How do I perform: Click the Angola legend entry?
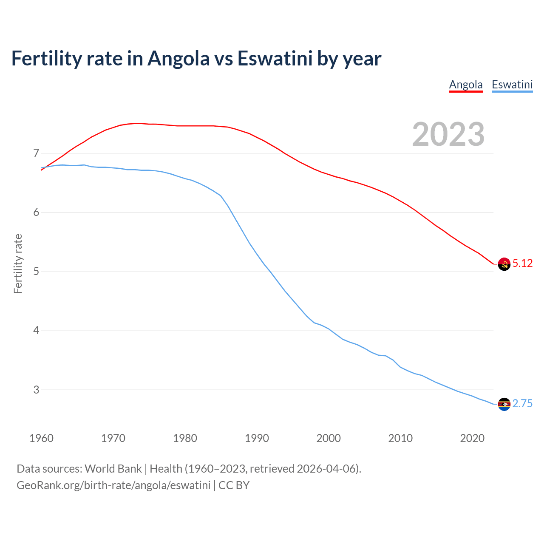(466, 85)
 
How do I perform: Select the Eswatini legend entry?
(512, 85)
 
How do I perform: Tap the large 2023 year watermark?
(448, 134)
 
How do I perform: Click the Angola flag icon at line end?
(504, 264)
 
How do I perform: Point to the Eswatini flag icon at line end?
(504, 404)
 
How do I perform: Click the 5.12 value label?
(522, 263)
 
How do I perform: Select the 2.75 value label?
(522, 404)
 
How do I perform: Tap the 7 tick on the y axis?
(36, 153)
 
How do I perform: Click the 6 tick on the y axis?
(36, 212)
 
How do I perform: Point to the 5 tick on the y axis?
(36, 271)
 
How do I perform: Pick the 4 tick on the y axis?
(36, 330)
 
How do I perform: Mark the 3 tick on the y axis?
(36, 390)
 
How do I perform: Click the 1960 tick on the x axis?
(41, 438)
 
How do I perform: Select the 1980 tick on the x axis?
(185, 438)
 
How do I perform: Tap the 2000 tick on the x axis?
(329, 438)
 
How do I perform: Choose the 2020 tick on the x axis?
(472, 438)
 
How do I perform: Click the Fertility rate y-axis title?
(18, 263)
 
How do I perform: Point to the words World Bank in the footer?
(113, 469)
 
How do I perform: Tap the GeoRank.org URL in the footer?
(113, 485)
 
